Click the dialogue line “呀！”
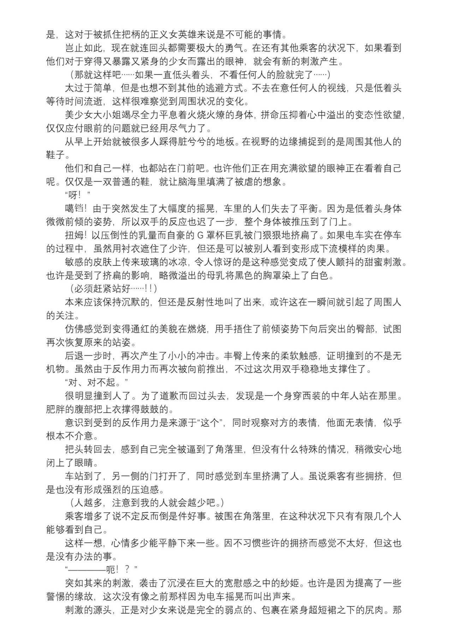78,195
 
